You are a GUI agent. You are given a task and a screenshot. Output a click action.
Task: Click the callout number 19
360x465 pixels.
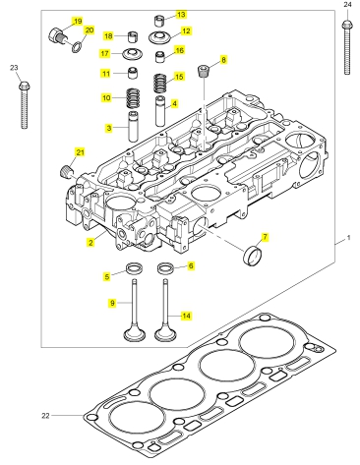78,22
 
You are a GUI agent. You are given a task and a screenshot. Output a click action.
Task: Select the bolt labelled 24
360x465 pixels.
347,47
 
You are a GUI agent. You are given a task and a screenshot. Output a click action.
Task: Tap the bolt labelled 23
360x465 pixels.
24,105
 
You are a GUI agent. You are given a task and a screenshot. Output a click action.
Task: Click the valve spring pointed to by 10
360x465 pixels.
133,98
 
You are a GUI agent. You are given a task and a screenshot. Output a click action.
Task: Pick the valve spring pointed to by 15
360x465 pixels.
160,84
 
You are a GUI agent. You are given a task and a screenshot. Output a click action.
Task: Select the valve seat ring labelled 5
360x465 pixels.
135,268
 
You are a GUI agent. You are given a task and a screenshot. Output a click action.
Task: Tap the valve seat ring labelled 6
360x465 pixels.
166,268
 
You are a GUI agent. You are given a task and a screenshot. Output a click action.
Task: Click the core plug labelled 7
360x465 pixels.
253,255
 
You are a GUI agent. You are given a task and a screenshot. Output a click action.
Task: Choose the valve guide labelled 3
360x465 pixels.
134,127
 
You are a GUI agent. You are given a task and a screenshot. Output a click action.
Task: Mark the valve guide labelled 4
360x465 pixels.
160,111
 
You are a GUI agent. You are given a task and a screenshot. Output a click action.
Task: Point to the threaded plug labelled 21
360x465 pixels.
67,171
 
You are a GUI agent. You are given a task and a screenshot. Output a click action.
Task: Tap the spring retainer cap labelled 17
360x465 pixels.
133,54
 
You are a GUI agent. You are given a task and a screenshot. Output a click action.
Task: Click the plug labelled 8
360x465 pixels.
204,71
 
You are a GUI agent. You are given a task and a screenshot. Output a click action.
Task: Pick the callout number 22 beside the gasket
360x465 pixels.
45,416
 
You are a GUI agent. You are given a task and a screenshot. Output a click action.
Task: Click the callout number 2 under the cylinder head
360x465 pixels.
90,243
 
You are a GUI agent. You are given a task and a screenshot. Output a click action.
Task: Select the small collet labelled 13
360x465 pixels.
159,21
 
